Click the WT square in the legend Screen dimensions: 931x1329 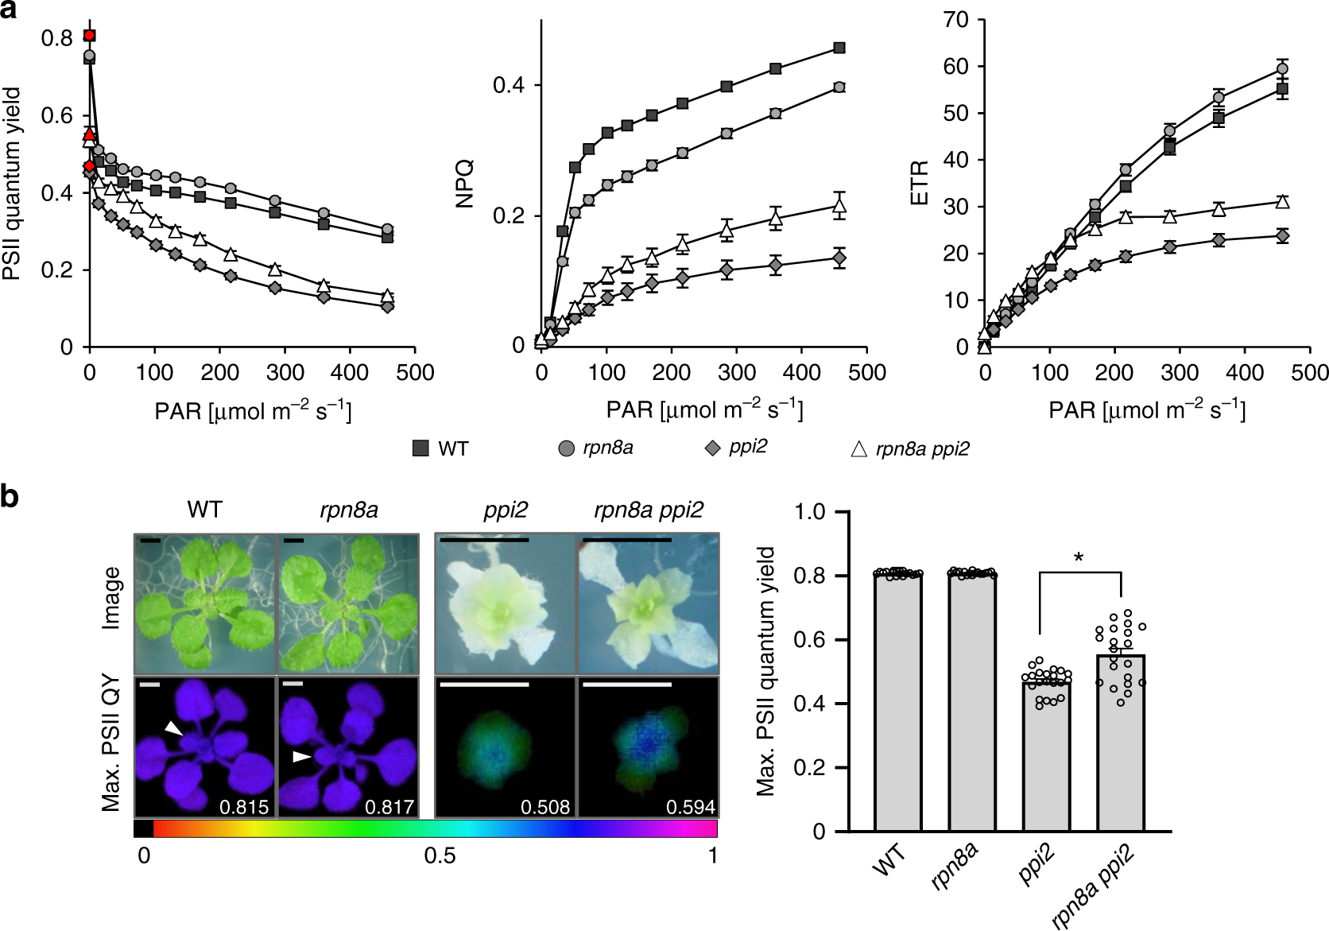[x=420, y=448]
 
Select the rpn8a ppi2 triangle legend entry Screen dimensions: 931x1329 [x=858, y=449]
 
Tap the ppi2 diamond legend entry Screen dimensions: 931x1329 [x=713, y=448]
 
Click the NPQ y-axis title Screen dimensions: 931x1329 [x=464, y=184]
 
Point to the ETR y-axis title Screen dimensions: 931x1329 [x=920, y=184]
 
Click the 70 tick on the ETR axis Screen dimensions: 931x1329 [x=955, y=19]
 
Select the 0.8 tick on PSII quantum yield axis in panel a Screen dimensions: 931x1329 [x=56, y=38]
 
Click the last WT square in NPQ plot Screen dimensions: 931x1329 [x=839, y=48]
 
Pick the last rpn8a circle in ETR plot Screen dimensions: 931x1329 [x=1282, y=68]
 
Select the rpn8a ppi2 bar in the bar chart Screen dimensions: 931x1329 [x=1120, y=743]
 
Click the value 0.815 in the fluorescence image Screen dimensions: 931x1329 [x=243, y=807]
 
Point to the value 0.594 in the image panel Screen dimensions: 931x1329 [x=690, y=807]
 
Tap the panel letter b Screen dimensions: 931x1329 [x=10, y=497]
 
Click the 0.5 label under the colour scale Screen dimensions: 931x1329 [x=440, y=856]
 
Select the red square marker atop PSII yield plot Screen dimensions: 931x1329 [x=90, y=36]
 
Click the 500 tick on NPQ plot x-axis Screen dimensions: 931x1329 [x=866, y=373]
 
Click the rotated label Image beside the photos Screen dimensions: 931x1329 [x=111, y=599]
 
